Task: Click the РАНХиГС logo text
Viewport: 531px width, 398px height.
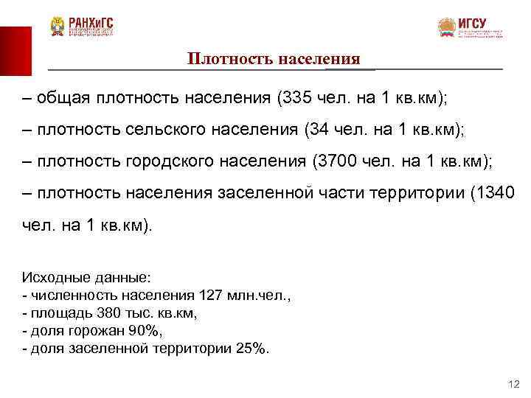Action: click(x=91, y=22)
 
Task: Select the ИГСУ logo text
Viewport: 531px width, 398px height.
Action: click(x=473, y=24)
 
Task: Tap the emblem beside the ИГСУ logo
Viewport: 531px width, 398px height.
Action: click(x=446, y=28)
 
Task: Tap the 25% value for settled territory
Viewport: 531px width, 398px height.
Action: click(x=252, y=347)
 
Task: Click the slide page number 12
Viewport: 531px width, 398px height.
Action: click(x=514, y=385)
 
